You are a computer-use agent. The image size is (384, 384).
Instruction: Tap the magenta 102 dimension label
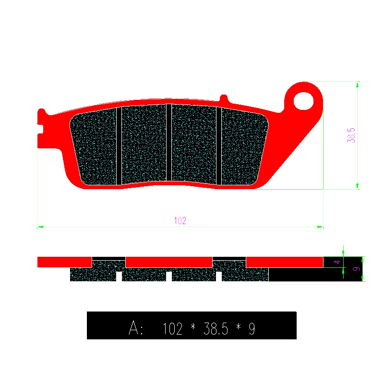(180, 221)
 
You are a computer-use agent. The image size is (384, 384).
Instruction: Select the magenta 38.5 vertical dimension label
(351, 135)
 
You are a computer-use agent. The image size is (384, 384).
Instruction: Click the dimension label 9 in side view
(356, 269)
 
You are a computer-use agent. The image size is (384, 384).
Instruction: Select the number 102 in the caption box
(173, 329)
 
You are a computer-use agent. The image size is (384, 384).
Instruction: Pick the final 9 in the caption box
(252, 329)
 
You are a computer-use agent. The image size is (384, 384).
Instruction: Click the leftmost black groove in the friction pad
(119, 145)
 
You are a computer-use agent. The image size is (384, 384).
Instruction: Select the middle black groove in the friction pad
(169, 143)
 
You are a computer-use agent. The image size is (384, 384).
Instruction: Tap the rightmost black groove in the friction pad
(219, 145)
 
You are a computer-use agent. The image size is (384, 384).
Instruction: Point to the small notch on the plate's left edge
(40, 129)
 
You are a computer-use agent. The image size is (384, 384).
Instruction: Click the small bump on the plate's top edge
(223, 98)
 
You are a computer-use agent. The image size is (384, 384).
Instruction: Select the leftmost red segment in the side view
(64, 262)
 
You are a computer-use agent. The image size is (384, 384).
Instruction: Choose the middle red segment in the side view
(169, 262)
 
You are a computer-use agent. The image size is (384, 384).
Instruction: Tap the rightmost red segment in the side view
(284, 262)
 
